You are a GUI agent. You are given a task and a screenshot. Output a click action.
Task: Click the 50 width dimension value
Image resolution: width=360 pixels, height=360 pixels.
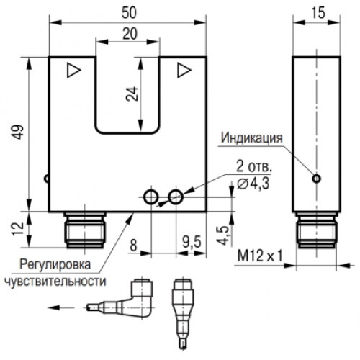point(129,13)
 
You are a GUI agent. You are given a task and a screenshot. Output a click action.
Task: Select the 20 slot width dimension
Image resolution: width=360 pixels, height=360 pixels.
point(130,34)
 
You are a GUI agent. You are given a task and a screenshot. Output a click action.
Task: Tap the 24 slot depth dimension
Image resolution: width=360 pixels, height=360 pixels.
point(132,94)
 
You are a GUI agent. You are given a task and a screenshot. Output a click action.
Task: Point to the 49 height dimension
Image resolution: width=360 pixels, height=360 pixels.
point(18,132)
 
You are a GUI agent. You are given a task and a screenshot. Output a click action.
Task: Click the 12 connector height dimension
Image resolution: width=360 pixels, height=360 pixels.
point(18,229)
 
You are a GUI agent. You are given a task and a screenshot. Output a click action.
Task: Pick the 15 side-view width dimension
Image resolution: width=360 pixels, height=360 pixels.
point(318,13)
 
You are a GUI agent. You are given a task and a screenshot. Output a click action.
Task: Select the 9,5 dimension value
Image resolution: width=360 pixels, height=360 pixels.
point(192,242)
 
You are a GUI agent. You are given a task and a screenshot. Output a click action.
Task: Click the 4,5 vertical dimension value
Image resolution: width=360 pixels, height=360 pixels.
point(223,235)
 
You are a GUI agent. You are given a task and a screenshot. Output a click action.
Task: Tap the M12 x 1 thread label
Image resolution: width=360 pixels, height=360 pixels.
point(260,256)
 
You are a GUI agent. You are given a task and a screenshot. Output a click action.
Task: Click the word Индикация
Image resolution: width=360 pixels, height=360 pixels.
point(251,138)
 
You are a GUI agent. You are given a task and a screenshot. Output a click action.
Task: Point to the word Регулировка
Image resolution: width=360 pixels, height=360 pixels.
point(55,264)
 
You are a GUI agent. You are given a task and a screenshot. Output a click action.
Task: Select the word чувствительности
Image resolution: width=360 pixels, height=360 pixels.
point(55,281)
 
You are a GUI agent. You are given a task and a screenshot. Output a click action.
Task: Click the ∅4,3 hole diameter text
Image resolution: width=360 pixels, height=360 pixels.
point(253,184)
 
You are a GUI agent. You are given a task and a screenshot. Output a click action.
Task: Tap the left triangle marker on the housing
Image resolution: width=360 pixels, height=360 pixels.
point(73,70)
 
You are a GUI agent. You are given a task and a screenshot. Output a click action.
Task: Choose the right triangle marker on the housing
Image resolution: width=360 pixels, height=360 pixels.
point(184,70)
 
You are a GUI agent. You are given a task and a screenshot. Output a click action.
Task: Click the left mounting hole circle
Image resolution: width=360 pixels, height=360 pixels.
point(151,197)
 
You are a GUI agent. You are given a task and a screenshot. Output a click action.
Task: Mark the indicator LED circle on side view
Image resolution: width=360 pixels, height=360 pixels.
point(317,179)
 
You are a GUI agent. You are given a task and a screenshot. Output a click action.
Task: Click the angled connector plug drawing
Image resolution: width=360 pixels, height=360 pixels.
point(120,298)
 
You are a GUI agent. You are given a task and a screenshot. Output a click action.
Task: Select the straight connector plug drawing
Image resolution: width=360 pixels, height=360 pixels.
point(183,314)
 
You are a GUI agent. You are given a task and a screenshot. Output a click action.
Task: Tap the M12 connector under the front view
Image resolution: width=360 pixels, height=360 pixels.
point(85,230)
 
